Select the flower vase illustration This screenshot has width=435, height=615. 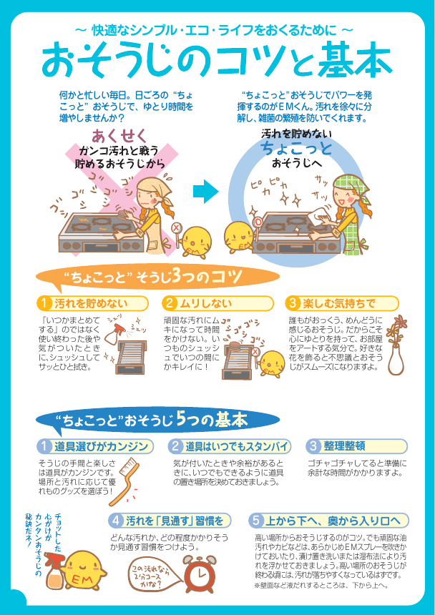tap(396, 345)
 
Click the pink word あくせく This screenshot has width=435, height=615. tap(119, 136)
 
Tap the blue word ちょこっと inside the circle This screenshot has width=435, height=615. tap(297, 149)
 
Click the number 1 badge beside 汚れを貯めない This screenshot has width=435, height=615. tap(45, 303)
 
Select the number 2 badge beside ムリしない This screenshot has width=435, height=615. tap(170, 303)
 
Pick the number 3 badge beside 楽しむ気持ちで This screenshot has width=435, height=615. tap(293, 303)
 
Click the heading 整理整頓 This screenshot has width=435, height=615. tap(345, 446)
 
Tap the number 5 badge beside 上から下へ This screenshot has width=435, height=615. tap(255, 521)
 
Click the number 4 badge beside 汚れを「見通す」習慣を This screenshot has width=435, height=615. tap(116, 521)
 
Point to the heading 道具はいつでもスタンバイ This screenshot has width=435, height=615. tap(237, 446)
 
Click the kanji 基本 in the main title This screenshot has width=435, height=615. tap(355, 62)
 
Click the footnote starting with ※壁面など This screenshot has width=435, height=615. tap(321, 586)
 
